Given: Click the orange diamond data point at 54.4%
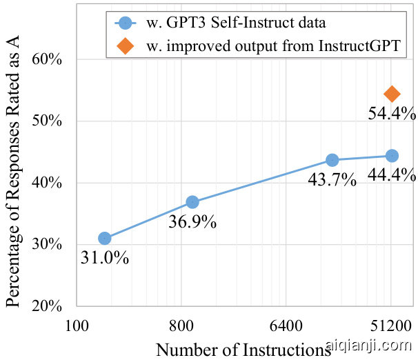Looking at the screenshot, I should (x=392, y=94).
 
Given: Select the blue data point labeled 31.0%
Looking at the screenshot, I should (x=105, y=238).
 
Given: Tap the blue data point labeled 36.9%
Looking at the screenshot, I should (x=192, y=202).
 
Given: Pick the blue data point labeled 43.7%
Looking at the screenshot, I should (x=332, y=159).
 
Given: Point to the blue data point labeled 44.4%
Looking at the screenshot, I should (x=392, y=156).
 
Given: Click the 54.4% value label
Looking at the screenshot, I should (x=392, y=113).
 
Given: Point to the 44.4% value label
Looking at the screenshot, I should (x=392, y=174).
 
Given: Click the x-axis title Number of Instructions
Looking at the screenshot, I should (x=239, y=349).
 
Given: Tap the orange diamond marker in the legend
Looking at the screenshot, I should (x=124, y=47).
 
